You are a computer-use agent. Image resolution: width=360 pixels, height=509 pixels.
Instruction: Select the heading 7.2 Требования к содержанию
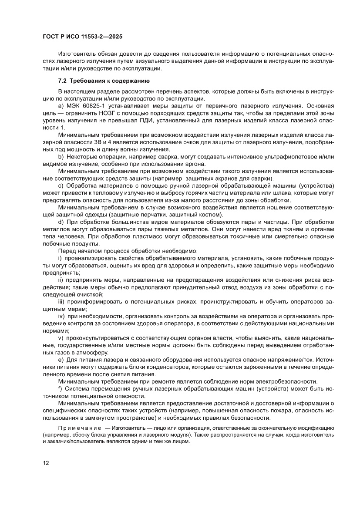pyautogui.click(x=104, y=81)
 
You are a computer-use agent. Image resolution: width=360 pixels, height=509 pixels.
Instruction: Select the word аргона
pyautogui.click(x=189, y=163)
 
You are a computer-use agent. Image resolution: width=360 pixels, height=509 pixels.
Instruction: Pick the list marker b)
pyautogui.click(x=61, y=156)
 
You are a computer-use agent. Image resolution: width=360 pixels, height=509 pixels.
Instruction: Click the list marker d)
pyautogui.click(x=61, y=221)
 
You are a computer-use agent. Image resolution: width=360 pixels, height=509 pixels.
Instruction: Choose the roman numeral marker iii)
pyautogui.click(x=62, y=301)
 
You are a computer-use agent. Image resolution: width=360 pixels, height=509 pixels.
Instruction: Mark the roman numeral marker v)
pyautogui.click(x=61, y=338)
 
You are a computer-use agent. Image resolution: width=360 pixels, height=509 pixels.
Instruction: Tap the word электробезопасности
pyautogui.click(x=286, y=381)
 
